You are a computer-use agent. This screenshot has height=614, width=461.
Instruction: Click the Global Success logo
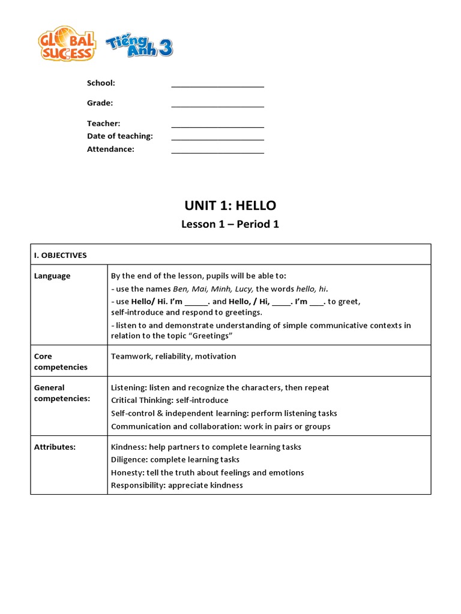67,44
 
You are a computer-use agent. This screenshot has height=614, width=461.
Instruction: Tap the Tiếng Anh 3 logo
139,46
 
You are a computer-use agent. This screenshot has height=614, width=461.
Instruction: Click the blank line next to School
217,84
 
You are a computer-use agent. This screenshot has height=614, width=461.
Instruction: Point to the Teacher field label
103,124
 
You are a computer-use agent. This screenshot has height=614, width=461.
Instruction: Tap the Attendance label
110,149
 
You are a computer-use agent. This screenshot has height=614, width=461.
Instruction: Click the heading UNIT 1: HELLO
230,206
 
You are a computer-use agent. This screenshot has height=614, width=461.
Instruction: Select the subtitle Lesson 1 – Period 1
230,224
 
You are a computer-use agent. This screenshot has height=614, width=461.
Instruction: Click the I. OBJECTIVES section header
60,255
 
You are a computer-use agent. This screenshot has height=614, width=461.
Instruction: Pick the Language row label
52,276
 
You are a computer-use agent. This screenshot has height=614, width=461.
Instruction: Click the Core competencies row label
61,362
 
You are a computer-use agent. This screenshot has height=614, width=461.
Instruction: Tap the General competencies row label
62,393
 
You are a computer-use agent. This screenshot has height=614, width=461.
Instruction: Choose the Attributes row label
55,447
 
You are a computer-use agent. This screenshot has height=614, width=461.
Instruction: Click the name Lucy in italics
243,289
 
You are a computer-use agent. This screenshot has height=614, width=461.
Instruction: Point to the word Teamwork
131,356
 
